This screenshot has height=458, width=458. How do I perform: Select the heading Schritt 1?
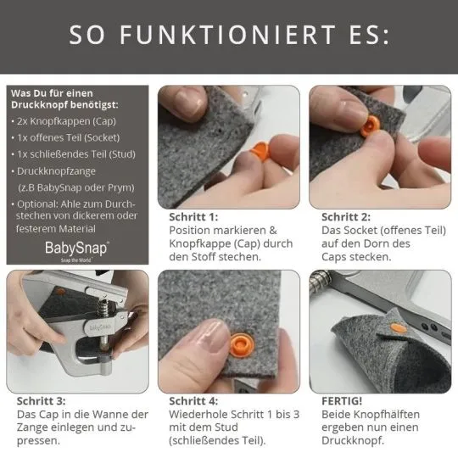tap(193, 216)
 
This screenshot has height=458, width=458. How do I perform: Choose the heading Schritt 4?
tap(193, 400)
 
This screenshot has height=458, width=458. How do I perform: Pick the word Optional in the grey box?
tap(40, 204)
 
